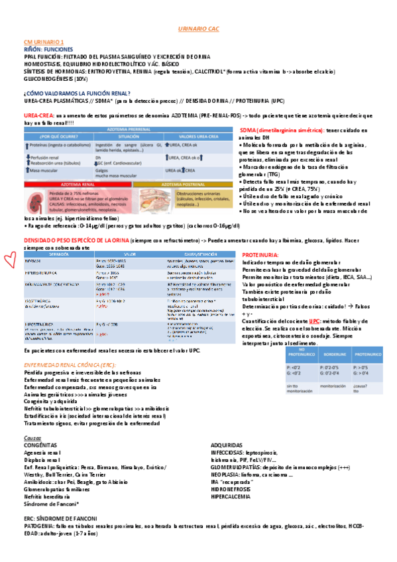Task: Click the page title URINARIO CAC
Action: click(x=199, y=30)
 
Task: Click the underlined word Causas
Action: click(x=32, y=438)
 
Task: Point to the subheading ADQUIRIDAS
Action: click(x=223, y=445)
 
